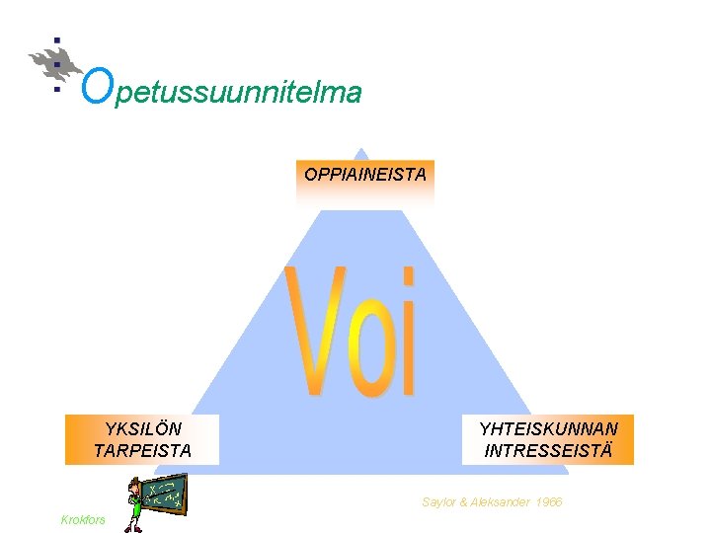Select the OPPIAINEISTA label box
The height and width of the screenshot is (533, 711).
coord(365,176)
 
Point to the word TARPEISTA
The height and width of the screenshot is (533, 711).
coord(142,451)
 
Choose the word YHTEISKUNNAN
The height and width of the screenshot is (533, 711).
coord(548,428)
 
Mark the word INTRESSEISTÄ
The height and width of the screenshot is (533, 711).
coord(548,451)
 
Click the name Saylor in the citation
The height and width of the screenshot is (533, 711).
coord(440,502)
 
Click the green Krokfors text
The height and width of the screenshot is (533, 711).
coord(83,519)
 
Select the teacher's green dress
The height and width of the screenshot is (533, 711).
coord(132,513)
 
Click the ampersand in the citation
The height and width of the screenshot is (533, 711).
coord(467,502)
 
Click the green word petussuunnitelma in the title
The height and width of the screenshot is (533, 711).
coord(237,93)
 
